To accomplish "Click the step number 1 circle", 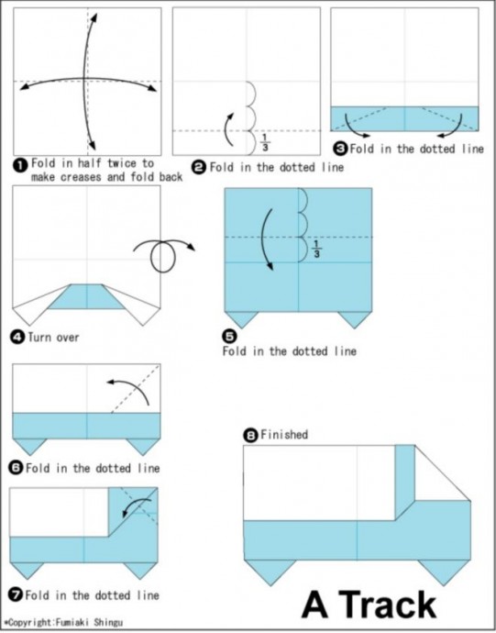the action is click(x=21, y=165).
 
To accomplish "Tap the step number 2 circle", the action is click(x=199, y=167).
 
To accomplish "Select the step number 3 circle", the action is click(x=340, y=149).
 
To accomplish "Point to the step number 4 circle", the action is click(x=18, y=337).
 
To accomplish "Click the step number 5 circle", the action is click(x=229, y=337).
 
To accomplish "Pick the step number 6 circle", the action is click(x=17, y=468).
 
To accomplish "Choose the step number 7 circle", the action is click(x=17, y=595).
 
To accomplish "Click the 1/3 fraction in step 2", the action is click(x=265, y=143).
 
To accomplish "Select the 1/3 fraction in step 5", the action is click(x=317, y=249).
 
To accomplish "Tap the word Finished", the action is click(x=284, y=435).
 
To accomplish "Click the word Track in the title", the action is click(x=390, y=605).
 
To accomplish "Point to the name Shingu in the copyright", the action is click(x=108, y=623).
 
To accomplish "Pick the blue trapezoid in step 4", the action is click(x=87, y=296).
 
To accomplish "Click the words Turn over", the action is click(x=53, y=337).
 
